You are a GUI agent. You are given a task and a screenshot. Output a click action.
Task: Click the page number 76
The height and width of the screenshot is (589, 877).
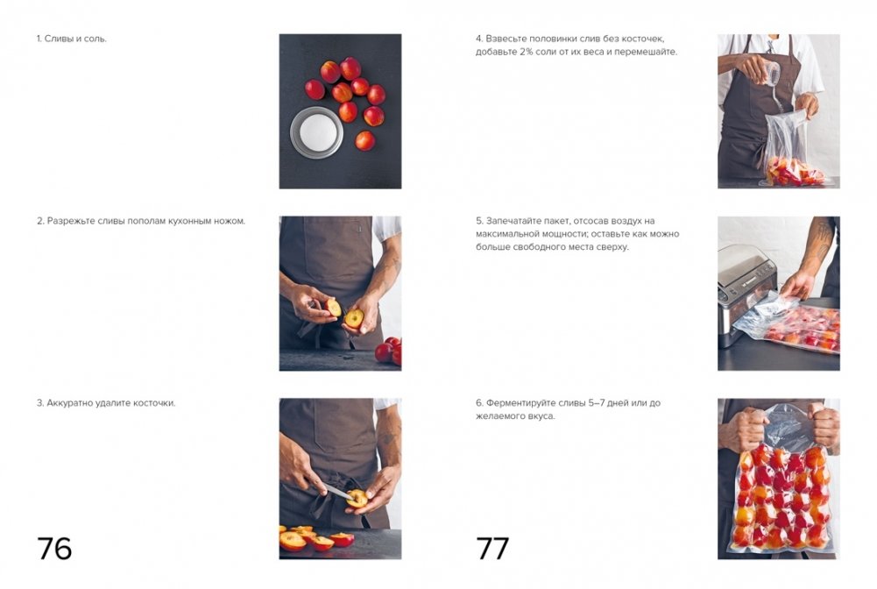(54, 548)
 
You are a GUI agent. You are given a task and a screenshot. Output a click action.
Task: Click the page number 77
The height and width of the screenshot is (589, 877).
(492, 548)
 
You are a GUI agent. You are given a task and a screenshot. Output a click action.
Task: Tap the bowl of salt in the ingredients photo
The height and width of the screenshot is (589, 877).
(316, 132)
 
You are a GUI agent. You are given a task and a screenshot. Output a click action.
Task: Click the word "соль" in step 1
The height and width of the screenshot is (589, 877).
(95, 39)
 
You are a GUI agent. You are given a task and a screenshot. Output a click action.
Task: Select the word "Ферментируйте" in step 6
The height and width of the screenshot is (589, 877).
(513, 402)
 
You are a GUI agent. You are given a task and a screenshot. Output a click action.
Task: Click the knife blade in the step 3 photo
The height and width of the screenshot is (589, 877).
(337, 491)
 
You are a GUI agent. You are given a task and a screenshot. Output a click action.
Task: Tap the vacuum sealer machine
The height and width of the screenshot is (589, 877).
(746, 294)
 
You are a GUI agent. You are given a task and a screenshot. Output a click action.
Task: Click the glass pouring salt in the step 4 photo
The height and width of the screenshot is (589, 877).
(771, 74)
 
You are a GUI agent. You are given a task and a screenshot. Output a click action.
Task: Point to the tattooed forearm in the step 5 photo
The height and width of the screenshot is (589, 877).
(816, 246)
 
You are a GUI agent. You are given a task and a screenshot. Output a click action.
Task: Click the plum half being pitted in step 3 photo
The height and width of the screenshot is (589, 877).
(357, 497)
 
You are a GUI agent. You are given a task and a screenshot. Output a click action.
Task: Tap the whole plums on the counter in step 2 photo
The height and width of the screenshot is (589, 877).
(390, 350)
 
